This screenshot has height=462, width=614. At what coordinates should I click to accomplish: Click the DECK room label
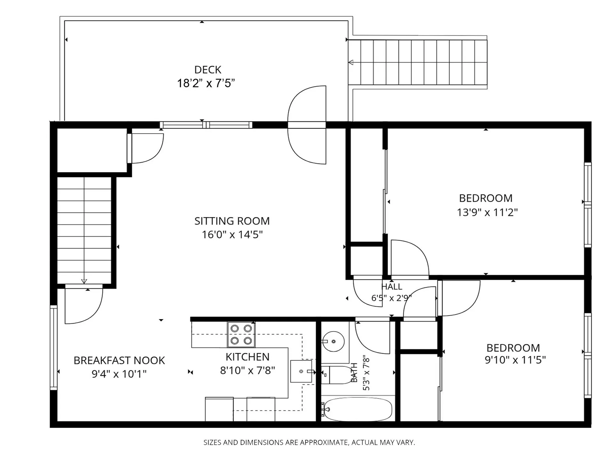click(208, 70)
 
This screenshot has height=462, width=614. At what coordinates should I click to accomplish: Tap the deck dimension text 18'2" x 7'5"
click(206, 83)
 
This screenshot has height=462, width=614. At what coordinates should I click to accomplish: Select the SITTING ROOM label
click(232, 221)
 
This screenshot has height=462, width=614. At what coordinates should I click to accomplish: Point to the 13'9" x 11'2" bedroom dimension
click(487, 212)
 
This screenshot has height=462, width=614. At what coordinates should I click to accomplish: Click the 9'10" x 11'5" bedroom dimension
click(515, 360)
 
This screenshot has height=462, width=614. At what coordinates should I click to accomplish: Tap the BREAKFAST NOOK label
click(119, 360)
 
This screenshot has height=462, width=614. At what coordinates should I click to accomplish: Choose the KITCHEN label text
click(247, 357)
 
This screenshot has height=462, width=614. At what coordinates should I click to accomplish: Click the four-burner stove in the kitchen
click(241, 334)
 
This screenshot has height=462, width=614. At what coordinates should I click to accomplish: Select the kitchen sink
click(301, 371)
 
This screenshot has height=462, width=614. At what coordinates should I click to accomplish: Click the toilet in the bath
click(336, 375)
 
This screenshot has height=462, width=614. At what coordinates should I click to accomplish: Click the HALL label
click(391, 286)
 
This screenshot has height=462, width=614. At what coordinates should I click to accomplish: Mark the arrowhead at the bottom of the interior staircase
click(84, 281)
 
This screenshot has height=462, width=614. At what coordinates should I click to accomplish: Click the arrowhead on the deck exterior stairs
click(351, 62)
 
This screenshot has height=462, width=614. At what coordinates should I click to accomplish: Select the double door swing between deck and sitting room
click(307, 125)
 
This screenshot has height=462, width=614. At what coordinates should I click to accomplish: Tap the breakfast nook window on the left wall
click(53, 348)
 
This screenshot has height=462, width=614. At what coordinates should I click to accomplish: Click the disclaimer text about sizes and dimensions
click(309, 442)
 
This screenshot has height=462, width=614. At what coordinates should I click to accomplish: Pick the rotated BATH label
click(354, 372)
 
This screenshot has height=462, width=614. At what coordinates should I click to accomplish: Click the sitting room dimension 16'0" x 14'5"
click(232, 235)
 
